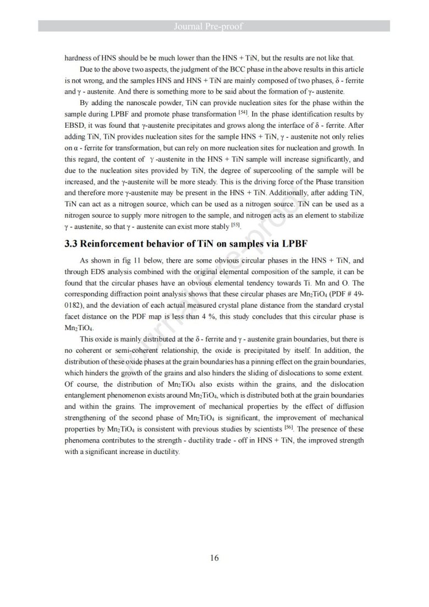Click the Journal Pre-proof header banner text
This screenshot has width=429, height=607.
tap(215, 26)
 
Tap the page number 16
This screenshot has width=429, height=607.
tap(214, 557)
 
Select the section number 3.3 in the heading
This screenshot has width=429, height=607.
tap(71, 244)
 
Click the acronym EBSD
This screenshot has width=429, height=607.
tap(75, 125)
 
